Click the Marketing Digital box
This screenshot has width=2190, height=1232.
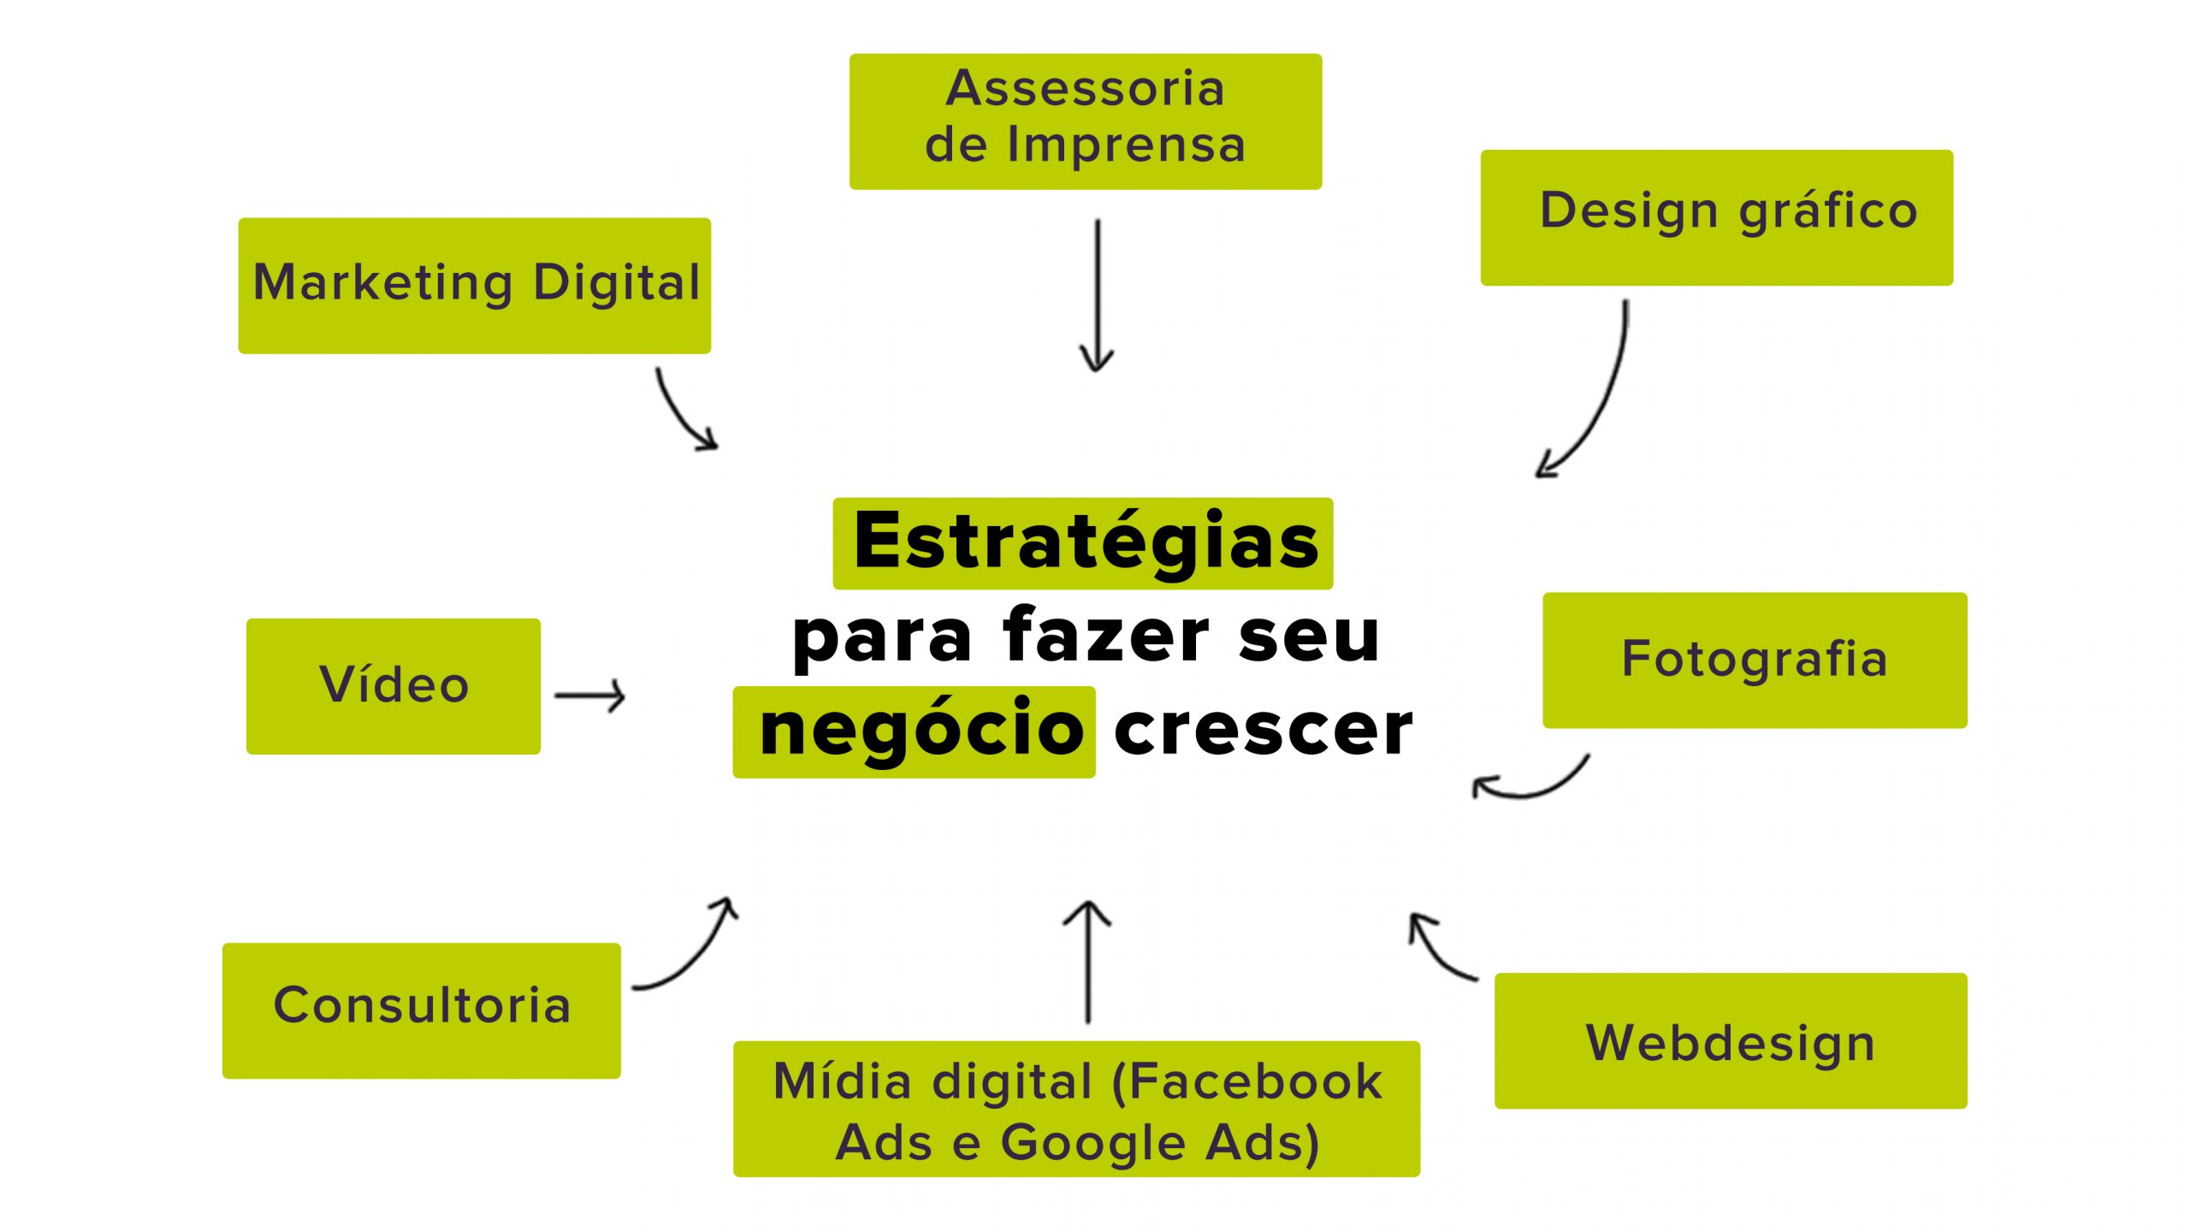474,285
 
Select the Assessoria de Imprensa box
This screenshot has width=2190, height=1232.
1085,121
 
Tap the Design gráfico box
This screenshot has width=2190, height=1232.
1716,217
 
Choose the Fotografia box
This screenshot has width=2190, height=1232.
1754,660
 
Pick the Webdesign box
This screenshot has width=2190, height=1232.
1730,1040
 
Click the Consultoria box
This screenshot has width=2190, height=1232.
421,1010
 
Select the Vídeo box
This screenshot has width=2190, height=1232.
393,685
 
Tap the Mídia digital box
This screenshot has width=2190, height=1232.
1075,1108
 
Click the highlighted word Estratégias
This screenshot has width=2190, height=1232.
1082,542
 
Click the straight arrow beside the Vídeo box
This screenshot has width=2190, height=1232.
590,696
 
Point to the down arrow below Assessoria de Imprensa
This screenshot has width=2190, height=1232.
1097,295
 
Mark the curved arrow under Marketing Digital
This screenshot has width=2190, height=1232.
680,412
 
